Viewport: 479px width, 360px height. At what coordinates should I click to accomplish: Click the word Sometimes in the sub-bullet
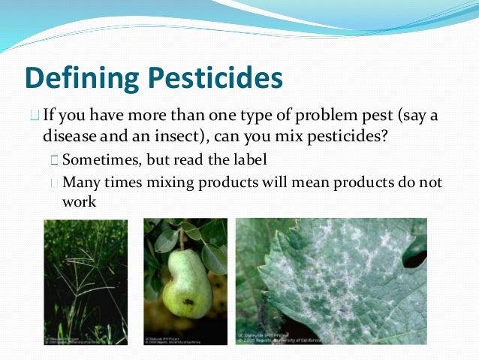[96, 159]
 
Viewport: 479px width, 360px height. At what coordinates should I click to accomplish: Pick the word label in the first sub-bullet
[249, 159]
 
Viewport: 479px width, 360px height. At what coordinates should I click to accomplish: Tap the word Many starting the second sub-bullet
[81, 183]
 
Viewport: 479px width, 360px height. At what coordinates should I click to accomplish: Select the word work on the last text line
[80, 201]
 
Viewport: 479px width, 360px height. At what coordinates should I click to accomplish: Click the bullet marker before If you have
[35, 117]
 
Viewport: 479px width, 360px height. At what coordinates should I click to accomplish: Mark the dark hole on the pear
[186, 302]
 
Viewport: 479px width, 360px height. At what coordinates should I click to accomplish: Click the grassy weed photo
[85, 278]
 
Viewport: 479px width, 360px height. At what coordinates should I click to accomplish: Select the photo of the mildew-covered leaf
[330, 278]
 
